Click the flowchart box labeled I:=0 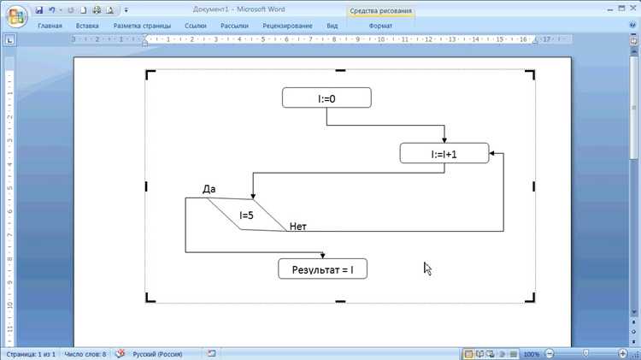[326, 97]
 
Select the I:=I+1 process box [444, 153]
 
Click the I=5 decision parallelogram [247, 215]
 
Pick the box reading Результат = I [322, 269]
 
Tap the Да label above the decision [209, 189]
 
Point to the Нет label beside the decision [298, 227]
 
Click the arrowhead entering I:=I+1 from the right [491, 153]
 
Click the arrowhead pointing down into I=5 [253, 196]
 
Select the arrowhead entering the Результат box [322, 256]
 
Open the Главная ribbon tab [50, 26]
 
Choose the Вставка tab [87, 26]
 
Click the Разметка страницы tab [142, 26]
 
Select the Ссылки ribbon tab [196, 26]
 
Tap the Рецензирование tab [287, 26]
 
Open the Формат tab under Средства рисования [380, 26]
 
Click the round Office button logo [16, 17]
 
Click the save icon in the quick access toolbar [39, 9]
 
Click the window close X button [632, 9]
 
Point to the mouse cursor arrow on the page [427, 269]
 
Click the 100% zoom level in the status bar [531, 354]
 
